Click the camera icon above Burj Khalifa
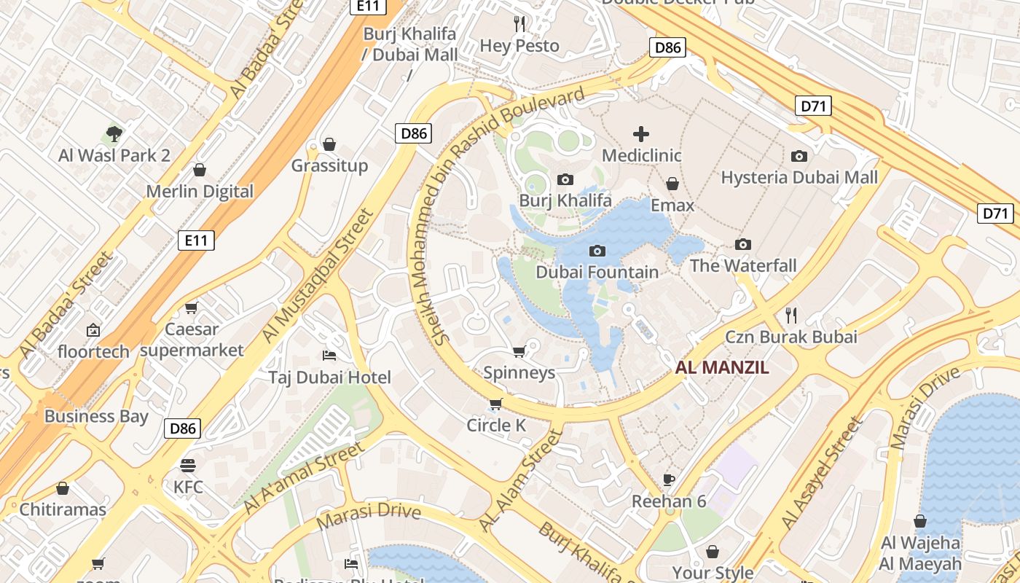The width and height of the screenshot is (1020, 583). tap(565, 179)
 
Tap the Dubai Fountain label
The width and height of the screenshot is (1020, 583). tap(597, 272)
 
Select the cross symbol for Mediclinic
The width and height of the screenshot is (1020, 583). tap(641, 134)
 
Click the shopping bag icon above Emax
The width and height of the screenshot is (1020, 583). tap(672, 184)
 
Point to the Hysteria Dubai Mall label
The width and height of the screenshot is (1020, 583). tap(799, 177)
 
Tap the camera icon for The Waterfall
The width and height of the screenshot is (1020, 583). tap(743, 244)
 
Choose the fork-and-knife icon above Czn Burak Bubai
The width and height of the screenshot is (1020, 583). tap(791, 316)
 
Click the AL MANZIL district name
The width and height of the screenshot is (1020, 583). tap(721, 367)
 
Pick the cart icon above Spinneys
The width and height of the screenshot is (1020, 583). tap(519, 352)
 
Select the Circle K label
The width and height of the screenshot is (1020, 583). tap(496, 426)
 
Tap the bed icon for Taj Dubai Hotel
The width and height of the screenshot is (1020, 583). tap(329, 356)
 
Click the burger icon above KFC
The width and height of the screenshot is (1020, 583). tap(188, 465)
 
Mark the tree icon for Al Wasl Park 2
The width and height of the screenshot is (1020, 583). tap(114, 133)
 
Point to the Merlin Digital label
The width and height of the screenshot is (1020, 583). tap(200, 192)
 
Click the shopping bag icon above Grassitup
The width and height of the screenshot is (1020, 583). tap(329, 144)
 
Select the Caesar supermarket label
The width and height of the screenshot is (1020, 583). tap(192, 340)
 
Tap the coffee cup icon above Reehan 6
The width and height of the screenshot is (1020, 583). tap(669, 480)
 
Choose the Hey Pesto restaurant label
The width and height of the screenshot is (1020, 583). tap(519, 46)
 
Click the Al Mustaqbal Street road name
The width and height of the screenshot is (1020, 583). tap(318, 275)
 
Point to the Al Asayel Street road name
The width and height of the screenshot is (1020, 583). tap(821, 474)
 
